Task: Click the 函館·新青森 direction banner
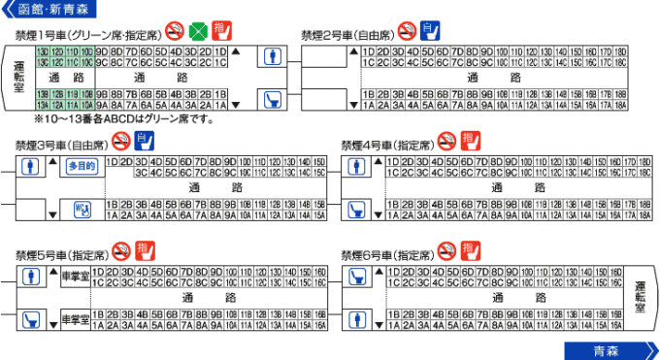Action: click(x=49, y=10)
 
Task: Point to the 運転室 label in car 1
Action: click(x=19, y=76)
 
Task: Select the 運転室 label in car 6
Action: click(x=640, y=295)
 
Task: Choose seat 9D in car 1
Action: click(x=102, y=50)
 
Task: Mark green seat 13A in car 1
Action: click(x=43, y=105)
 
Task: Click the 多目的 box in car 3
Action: click(x=82, y=166)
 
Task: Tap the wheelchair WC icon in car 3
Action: click(x=82, y=209)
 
